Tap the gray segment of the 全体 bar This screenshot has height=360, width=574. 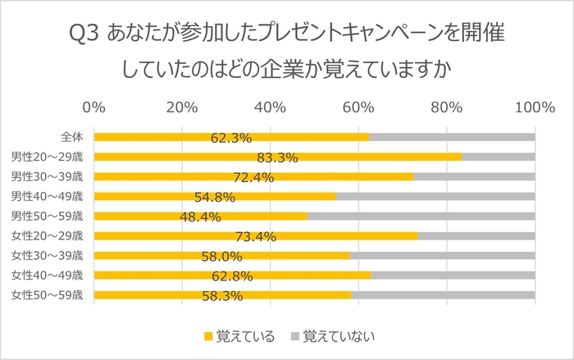point(451,137)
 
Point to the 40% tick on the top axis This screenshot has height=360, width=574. point(270,107)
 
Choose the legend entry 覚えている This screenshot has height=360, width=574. point(239,336)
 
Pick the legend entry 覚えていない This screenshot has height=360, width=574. point(331,336)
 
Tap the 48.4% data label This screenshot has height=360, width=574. point(201,217)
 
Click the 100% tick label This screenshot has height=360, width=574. point(534,107)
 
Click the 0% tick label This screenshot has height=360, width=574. point(94,107)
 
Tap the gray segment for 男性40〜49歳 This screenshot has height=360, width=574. point(435,196)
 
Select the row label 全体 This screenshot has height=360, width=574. point(71,137)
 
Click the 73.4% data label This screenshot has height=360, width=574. point(255,237)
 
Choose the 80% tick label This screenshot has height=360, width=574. point(446,107)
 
